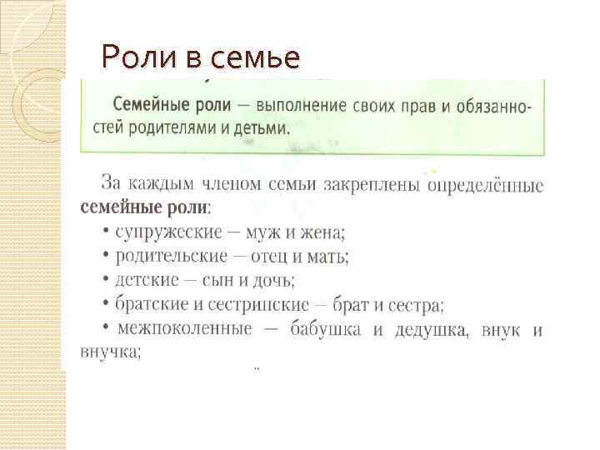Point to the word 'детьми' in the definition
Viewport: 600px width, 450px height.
tap(261, 129)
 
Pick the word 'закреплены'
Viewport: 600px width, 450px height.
tap(367, 182)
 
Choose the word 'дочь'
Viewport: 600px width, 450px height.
tap(274, 280)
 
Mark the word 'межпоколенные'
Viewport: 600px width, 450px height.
tap(184, 329)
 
